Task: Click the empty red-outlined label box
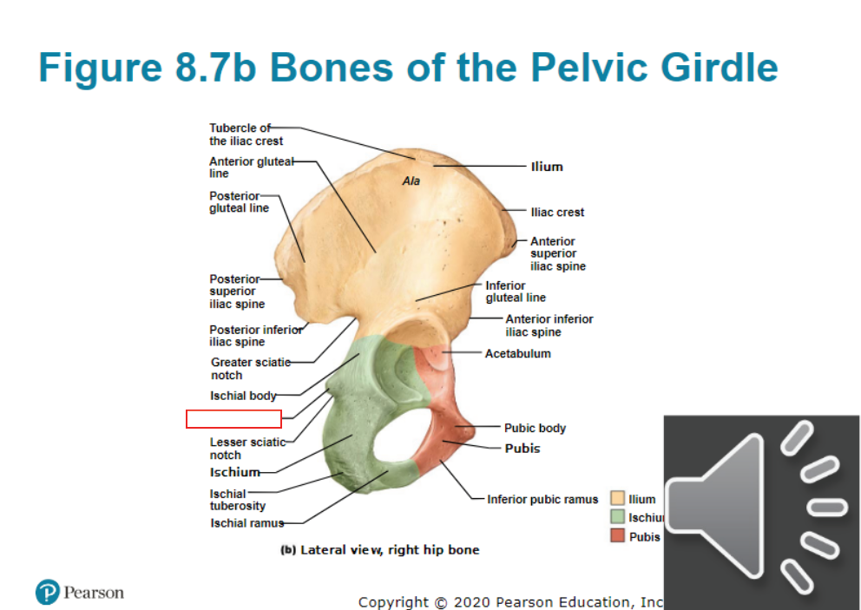coord(234,419)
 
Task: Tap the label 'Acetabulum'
coord(518,353)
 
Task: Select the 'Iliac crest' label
coord(557,212)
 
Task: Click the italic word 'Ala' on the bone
coord(411,181)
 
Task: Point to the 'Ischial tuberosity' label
coord(238,500)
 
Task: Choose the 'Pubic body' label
coord(535,428)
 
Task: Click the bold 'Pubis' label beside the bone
coord(523,448)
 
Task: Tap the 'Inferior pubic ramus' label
coord(542,499)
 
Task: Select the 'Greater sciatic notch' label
coord(251,369)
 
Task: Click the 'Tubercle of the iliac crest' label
coord(246,134)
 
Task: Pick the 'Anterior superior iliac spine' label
coord(558,253)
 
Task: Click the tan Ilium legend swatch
coord(618,498)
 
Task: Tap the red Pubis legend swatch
coord(618,535)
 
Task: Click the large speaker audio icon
coord(761,512)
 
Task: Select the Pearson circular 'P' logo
coord(48,593)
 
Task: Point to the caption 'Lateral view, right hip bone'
coord(390,549)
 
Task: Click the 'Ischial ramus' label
coord(247,523)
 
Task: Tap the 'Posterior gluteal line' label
coord(239,201)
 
